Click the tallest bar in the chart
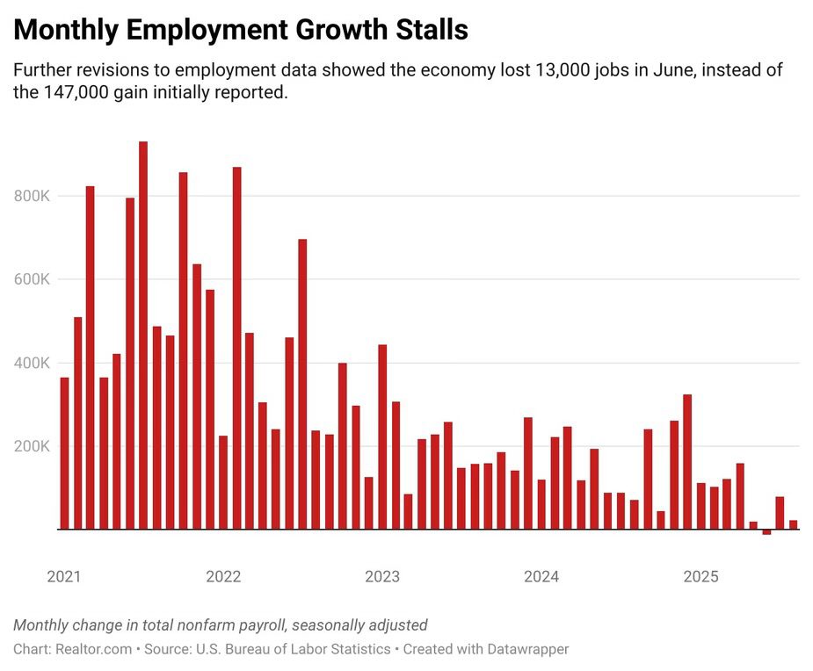143,334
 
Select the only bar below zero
766,532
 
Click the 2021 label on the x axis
64,577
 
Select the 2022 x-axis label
223,577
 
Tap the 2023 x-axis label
382,577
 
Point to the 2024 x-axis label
541,577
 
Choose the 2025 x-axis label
700,577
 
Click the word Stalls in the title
429,30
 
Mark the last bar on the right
793,524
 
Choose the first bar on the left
64,453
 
